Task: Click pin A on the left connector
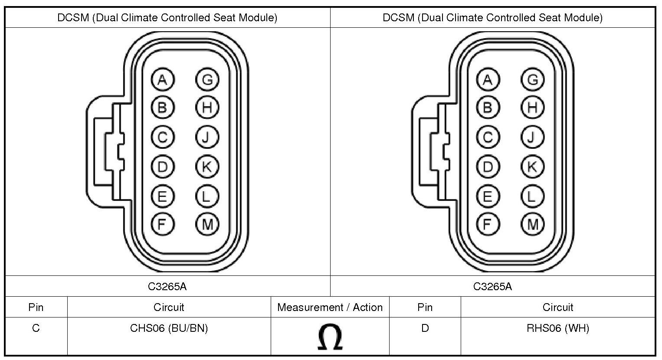(x=163, y=80)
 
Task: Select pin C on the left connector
(x=163, y=137)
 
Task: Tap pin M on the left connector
(x=207, y=224)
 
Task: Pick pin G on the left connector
(x=207, y=80)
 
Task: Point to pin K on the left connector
(x=207, y=167)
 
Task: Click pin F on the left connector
(x=163, y=224)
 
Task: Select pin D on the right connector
(x=488, y=167)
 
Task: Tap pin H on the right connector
(x=533, y=108)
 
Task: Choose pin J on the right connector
(x=533, y=137)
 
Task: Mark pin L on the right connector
(x=533, y=196)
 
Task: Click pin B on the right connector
(x=488, y=108)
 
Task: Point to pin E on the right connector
(x=488, y=196)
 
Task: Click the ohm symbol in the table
(x=330, y=337)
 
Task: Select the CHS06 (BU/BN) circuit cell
(x=169, y=328)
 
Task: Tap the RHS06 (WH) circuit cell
(x=558, y=328)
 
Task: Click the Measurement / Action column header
(x=330, y=308)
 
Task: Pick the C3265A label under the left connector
(x=167, y=287)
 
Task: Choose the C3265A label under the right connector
(x=492, y=287)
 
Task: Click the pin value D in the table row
(x=425, y=328)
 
